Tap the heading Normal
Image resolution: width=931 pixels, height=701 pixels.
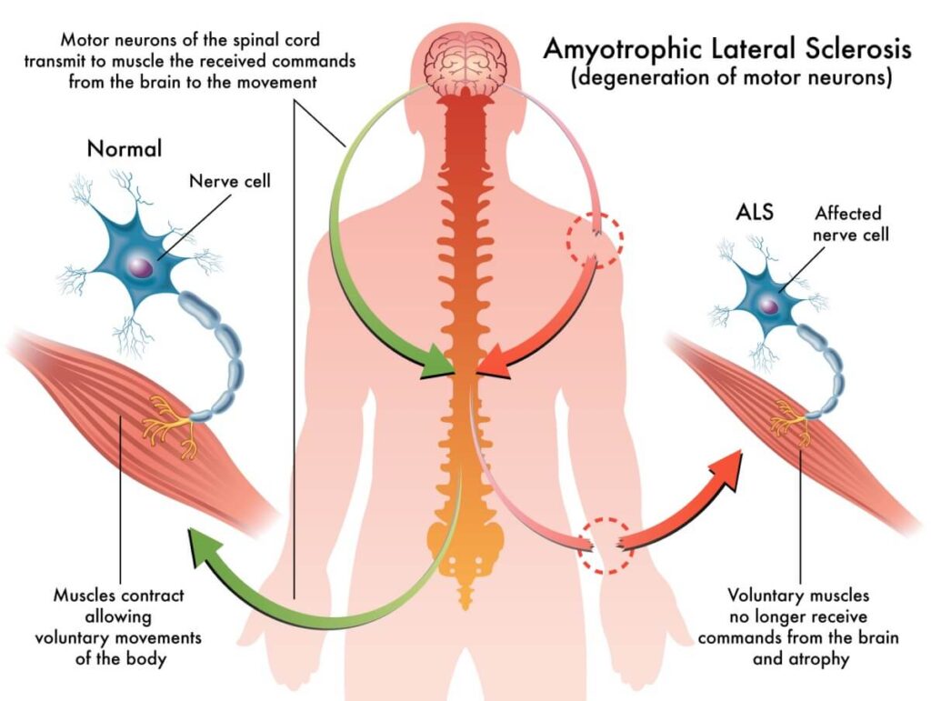(125, 148)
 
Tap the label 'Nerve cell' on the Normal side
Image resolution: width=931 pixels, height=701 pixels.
(229, 180)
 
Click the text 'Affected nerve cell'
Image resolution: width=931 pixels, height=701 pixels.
(847, 224)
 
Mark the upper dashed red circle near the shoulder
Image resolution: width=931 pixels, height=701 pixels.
(595, 237)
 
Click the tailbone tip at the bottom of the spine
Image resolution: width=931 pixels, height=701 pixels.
(465, 599)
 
